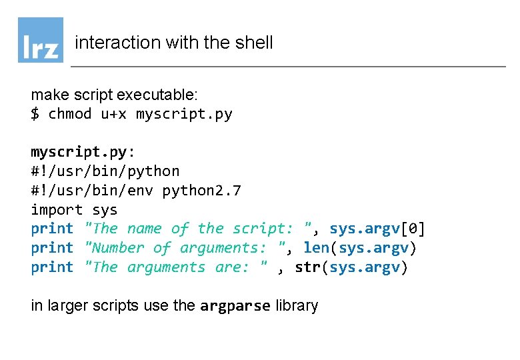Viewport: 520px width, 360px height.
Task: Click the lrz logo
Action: point(41,40)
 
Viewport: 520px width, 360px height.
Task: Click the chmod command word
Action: point(70,114)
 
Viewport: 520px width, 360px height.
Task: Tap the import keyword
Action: point(57,210)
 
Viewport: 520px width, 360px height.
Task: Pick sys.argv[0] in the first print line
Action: point(377,229)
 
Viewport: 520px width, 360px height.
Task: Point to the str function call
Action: point(307,267)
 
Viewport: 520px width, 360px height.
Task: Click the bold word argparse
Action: point(235,306)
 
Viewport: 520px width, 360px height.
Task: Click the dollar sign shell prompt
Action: point(35,114)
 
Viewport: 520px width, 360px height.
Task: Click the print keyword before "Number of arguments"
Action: point(52,248)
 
